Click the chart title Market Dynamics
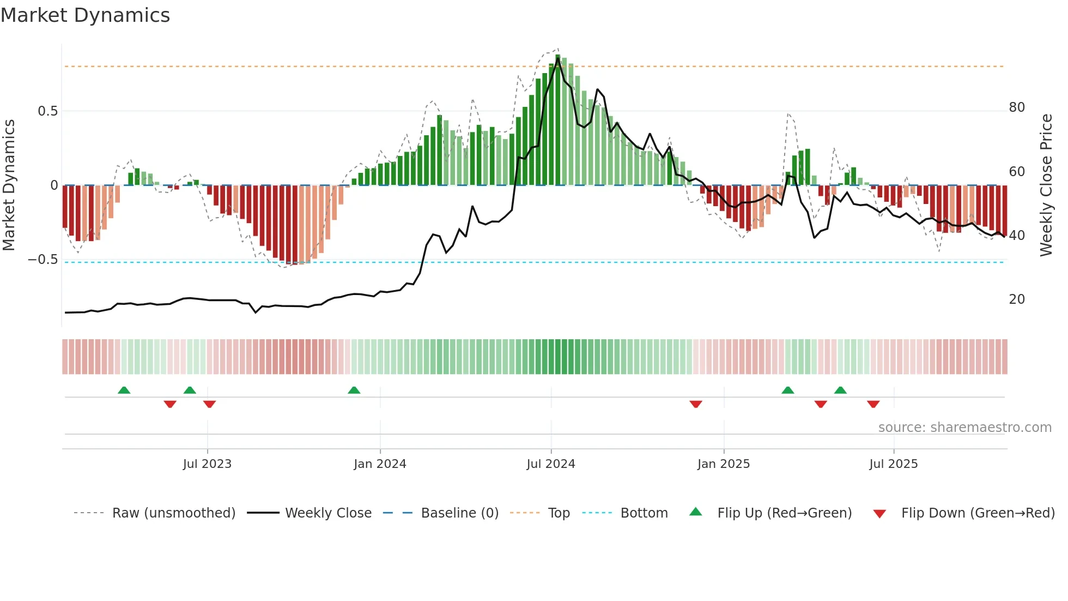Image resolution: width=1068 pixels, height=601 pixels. (x=85, y=15)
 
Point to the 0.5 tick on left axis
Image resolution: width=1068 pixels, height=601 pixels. (x=47, y=111)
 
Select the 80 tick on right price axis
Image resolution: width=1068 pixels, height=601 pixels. (x=1017, y=107)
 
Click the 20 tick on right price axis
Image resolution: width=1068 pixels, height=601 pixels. (x=1017, y=299)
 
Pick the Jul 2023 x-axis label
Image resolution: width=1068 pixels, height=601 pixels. (x=207, y=464)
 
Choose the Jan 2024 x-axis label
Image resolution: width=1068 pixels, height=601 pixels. (x=380, y=464)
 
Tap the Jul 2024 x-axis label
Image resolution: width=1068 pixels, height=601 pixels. (x=551, y=464)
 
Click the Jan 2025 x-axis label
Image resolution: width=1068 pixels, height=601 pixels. (x=724, y=464)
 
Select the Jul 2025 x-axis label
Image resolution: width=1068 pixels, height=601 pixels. (x=894, y=464)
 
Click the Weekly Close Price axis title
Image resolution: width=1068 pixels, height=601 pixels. (x=1046, y=185)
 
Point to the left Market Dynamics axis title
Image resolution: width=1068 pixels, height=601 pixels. (x=9, y=185)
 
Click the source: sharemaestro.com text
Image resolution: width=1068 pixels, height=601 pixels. (x=964, y=428)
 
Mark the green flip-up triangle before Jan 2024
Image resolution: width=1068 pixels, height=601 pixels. (x=354, y=390)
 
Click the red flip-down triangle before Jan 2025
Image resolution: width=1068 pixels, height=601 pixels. (x=696, y=404)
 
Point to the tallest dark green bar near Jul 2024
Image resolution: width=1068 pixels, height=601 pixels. (x=557, y=120)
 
